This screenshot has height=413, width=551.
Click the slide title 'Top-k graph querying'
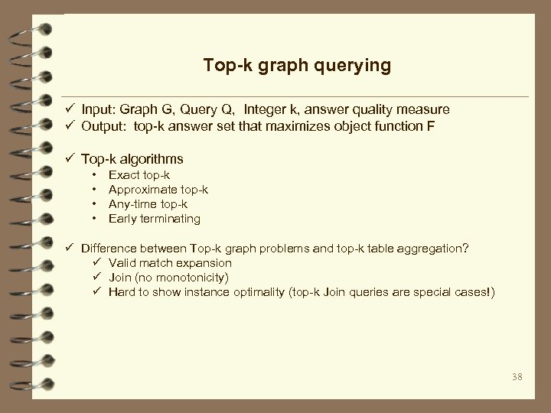pos(297,66)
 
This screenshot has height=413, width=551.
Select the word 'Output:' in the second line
pos(106,126)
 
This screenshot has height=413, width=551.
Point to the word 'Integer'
pos(262,111)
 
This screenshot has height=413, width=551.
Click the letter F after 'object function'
pos(431,126)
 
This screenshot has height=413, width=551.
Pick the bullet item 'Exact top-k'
pos(139,175)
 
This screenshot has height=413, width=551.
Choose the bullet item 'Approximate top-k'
pos(158,190)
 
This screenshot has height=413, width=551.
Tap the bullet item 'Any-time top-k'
pos(148,204)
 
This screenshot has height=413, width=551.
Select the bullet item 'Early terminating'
pos(155,219)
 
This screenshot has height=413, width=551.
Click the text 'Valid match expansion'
pos(170,262)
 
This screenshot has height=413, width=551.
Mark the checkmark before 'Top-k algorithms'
pos(70,159)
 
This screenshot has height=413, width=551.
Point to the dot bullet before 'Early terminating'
pos(93,219)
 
